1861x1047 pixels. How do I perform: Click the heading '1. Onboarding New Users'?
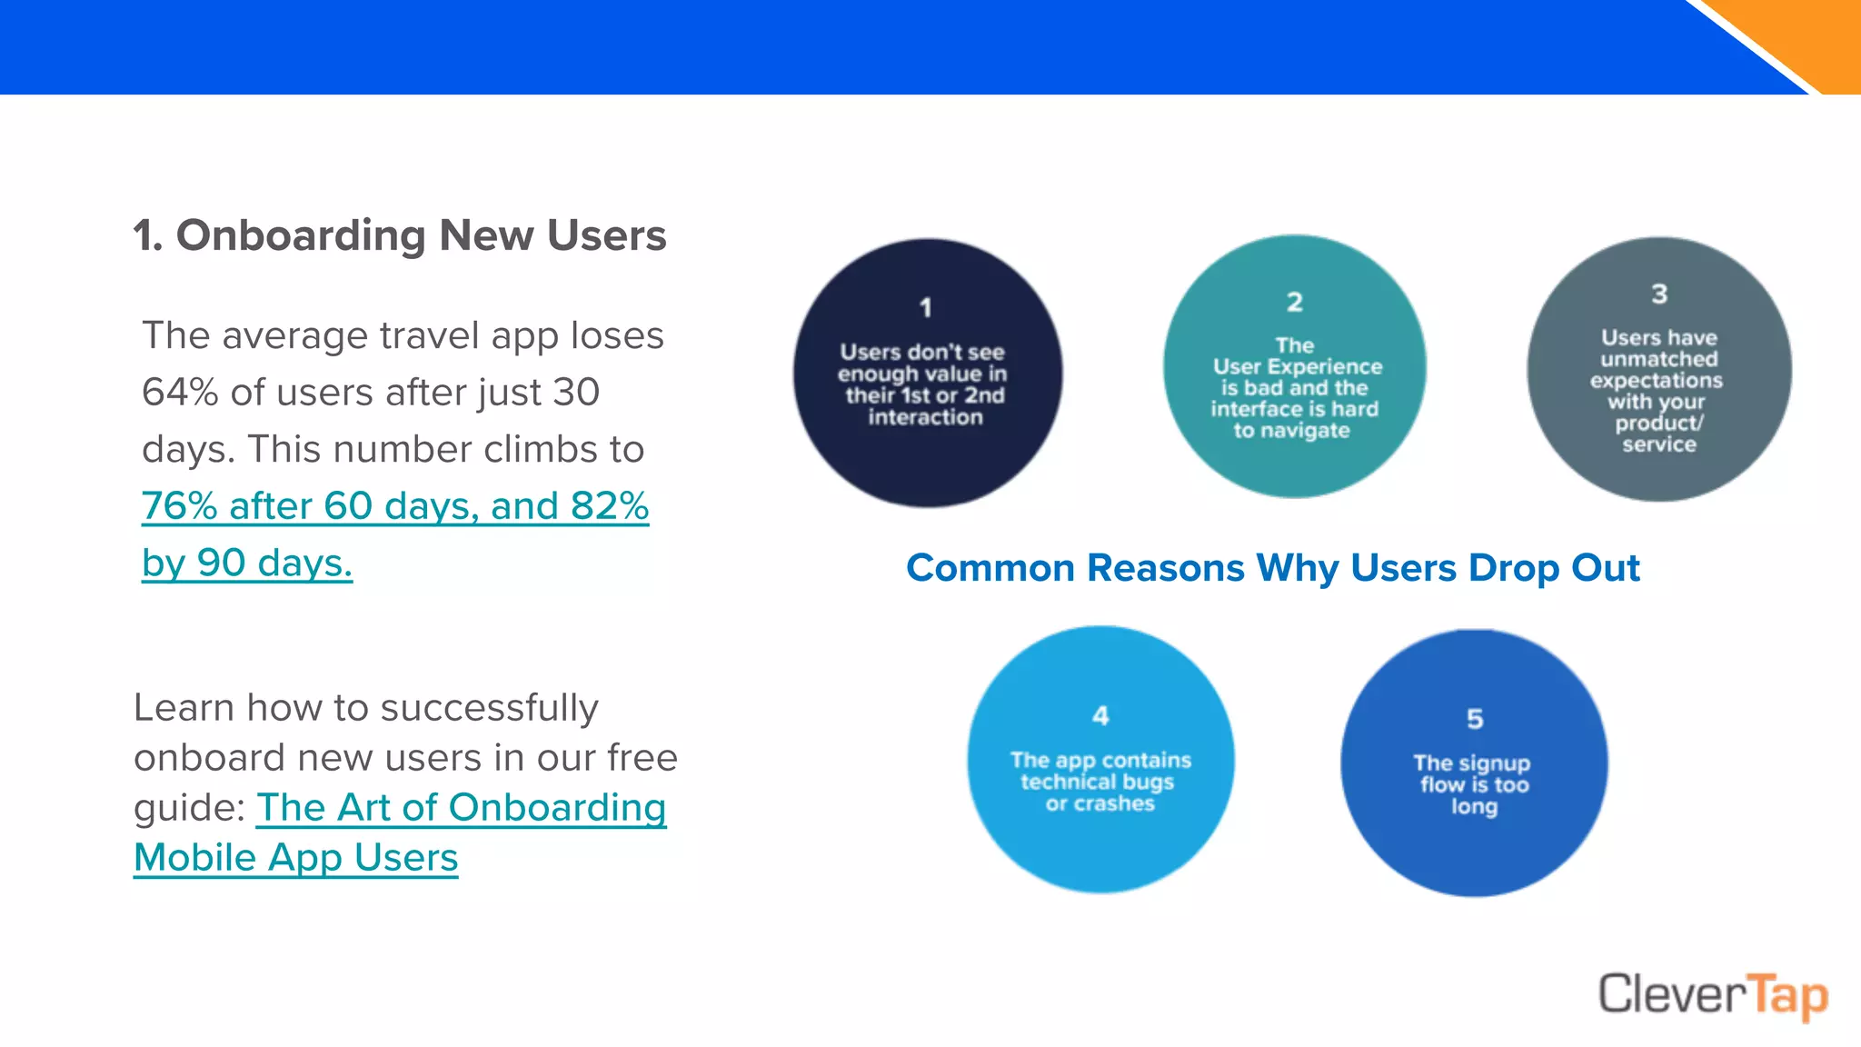click(400, 235)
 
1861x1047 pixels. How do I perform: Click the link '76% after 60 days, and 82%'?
click(395, 506)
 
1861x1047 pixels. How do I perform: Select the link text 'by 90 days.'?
click(247, 563)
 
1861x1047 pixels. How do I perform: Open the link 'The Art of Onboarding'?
click(461, 807)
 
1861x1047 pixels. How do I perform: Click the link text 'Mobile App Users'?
click(296, 857)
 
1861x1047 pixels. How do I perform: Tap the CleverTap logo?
click(1713, 995)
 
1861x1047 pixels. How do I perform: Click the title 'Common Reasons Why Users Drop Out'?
click(1272, 568)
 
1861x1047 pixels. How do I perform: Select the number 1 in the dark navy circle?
click(926, 308)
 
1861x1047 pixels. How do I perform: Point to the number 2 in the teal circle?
click(1295, 302)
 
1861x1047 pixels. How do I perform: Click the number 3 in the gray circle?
click(1659, 294)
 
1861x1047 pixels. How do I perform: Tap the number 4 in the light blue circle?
click(1100, 716)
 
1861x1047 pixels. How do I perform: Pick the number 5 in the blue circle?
click(1475, 719)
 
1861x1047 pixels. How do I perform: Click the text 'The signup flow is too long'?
click(1473, 784)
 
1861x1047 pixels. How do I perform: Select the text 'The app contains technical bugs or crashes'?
click(1100, 782)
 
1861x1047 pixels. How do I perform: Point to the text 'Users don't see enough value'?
click(923, 364)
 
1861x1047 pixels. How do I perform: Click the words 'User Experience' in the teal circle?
click(1298, 367)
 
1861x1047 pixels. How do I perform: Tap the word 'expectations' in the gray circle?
click(1657, 380)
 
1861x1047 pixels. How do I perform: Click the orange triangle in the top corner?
click(1817, 36)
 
